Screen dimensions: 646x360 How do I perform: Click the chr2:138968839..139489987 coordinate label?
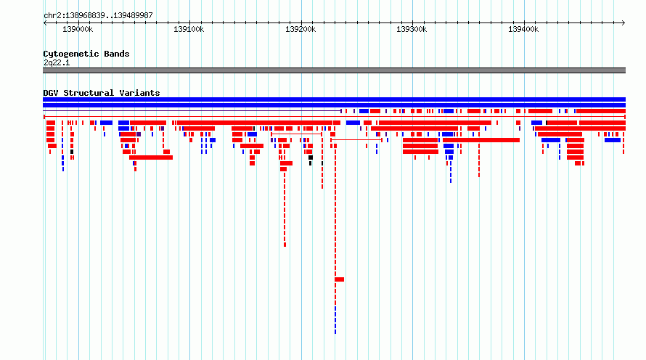point(98,16)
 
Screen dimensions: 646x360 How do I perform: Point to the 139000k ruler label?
point(78,29)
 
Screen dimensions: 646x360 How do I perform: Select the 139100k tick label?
point(189,29)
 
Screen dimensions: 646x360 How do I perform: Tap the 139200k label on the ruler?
point(300,29)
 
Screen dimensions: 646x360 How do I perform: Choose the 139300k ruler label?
point(412,29)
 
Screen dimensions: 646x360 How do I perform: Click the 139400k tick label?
point(523,29)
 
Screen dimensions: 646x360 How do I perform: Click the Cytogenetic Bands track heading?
point(86,54)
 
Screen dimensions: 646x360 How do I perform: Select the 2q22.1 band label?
point(57,62)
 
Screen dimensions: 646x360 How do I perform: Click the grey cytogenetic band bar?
point(334,70)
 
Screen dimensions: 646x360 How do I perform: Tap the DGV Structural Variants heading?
point(102,93)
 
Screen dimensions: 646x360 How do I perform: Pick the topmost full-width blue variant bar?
point(334,99)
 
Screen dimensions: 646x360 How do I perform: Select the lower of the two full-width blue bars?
point(334,105)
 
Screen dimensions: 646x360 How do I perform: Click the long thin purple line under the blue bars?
point(192,111)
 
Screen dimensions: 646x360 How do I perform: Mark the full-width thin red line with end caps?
point(334,117)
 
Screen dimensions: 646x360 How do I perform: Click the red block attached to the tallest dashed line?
point(340,279)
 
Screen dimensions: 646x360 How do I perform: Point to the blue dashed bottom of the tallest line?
point(335,319)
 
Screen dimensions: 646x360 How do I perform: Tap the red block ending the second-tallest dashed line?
point(285,245)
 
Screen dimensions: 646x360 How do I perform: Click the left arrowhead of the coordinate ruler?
point(45,22)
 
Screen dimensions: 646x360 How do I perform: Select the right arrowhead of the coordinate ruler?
point(623,22)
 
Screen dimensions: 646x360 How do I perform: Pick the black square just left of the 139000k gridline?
point(72,152)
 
